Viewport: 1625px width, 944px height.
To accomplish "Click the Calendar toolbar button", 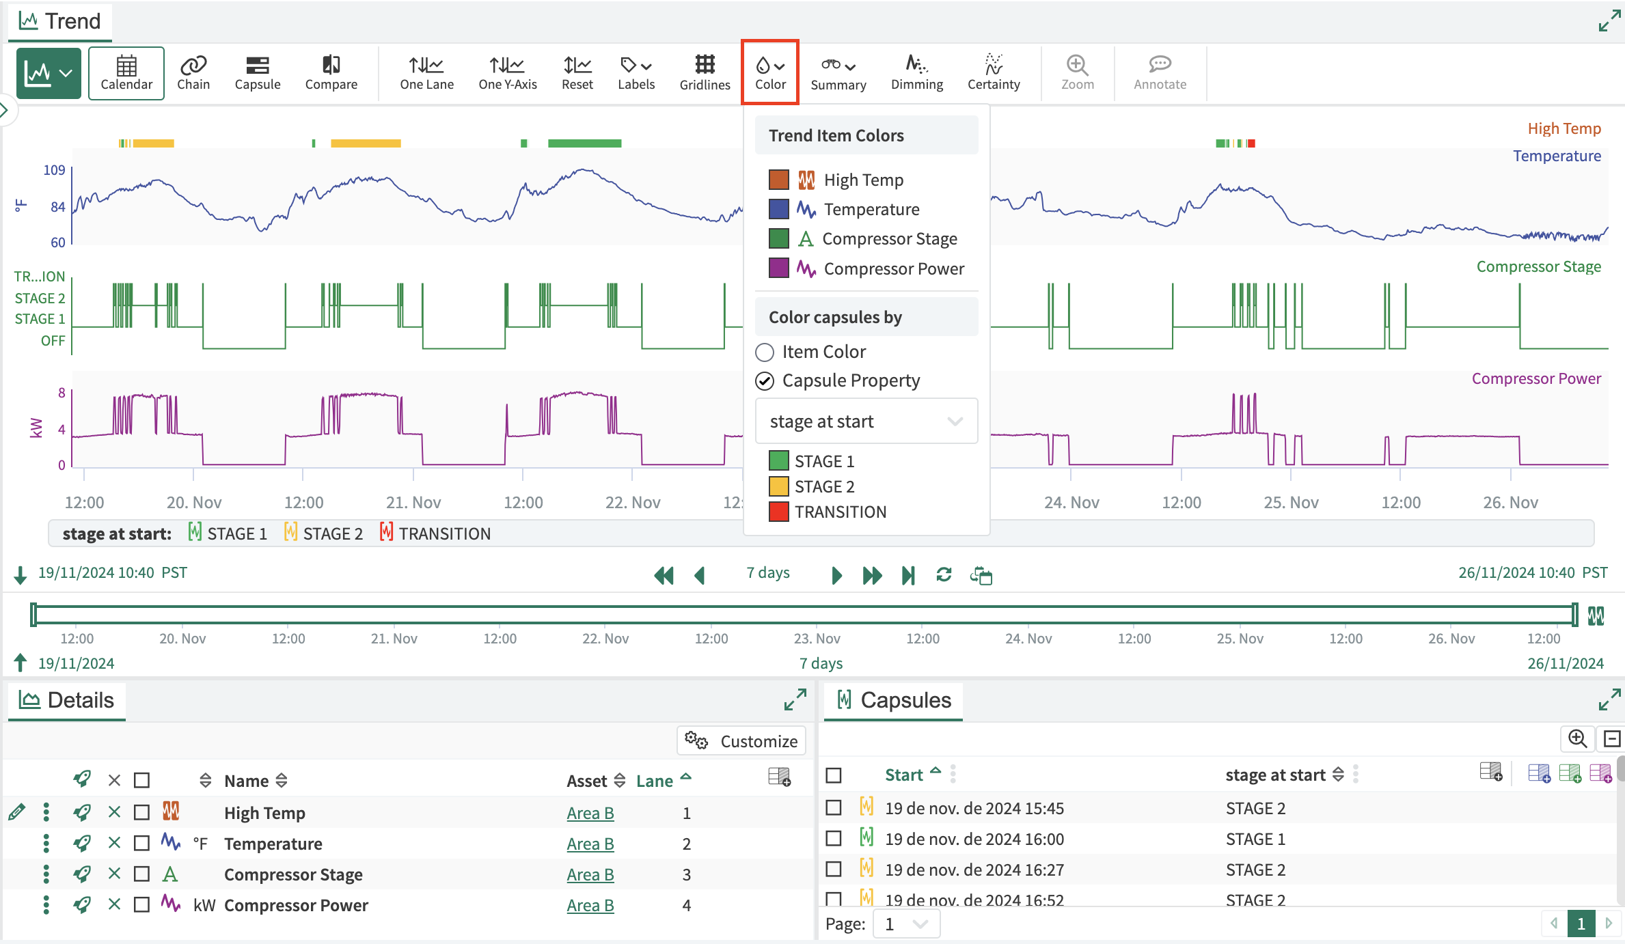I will (126, 73).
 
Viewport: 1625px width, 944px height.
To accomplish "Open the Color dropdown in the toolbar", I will (770, 73).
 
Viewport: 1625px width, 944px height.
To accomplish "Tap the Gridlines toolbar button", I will (705, 73).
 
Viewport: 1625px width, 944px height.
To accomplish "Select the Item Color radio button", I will (765, 352).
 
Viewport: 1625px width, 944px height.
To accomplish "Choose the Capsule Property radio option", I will (765, 381).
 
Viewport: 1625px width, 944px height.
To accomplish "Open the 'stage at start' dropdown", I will (866, 421).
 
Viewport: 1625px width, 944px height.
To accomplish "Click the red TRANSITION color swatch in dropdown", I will (779, 512).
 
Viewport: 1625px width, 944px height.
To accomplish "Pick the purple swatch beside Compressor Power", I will (779, 268).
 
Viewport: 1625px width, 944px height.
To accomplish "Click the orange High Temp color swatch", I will (779, 180).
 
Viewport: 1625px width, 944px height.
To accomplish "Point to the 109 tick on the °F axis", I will (54, 170).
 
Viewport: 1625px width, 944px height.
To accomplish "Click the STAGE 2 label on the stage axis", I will (40, 299).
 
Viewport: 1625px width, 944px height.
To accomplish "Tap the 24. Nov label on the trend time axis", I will (1071, 503).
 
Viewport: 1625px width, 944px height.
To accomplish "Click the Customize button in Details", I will (741, 741).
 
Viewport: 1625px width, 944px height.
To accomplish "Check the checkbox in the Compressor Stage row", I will (141, 874).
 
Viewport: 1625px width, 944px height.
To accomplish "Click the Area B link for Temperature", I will (590, 844).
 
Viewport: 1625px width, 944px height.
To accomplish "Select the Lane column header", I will (655, 781).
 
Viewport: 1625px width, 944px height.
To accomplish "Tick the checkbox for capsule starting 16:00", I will (834, 839).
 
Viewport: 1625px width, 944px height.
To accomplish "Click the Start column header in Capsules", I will (903, 775).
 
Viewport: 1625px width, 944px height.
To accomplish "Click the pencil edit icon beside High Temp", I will (17, 813).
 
